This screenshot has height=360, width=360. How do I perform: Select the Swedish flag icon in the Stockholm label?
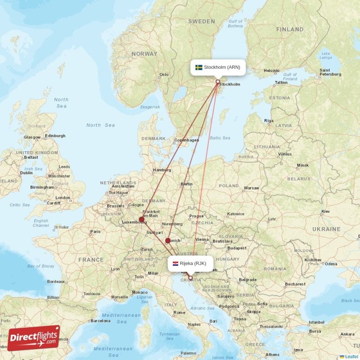(x=198, y=67)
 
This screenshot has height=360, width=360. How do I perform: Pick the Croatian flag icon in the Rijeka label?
(x=175, y=263)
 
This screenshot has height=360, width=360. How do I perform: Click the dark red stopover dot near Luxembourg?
(x=142, y=220)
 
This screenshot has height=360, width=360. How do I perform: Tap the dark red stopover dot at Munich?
(x=168, y=241)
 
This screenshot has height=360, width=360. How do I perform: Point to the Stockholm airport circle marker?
(x=218, y=82)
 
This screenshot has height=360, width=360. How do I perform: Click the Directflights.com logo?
(x=34, y=337)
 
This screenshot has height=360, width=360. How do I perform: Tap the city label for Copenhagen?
(x=187, y=140)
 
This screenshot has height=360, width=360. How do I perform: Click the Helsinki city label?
(x=272, y=71)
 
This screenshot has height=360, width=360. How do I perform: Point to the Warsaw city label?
(x=251, y=188)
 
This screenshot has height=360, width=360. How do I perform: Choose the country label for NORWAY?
(x=144, y=54)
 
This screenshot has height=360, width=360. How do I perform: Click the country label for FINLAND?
(x=290, y=30)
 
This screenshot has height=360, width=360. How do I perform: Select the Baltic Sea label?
(x=220, y=138)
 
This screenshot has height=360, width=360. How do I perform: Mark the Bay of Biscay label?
(x=40, y=266)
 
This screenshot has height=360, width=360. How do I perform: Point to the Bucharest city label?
(x=295, y=284)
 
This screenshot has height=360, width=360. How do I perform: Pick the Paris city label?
(x=95, y=232)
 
